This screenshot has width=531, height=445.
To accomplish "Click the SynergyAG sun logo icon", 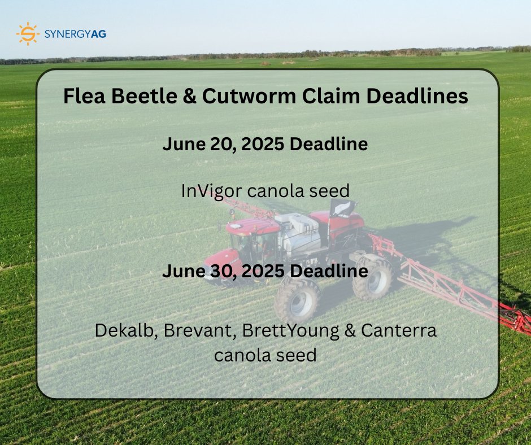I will [28, 34].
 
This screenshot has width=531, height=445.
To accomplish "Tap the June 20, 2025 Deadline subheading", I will [265, 144].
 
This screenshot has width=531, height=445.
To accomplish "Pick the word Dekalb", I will [125, 330].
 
